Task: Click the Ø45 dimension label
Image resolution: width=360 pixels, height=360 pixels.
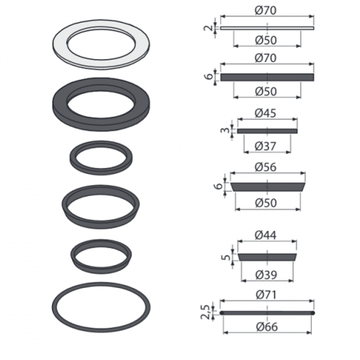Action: tap(266, 113)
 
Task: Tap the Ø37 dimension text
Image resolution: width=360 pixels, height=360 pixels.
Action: tap(266, 146)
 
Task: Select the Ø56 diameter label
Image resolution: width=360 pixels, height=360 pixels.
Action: tap(266, 167)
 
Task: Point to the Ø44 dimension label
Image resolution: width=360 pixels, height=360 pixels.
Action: tap(266, 235)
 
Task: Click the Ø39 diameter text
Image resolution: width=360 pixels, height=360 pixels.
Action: tap(266, 274)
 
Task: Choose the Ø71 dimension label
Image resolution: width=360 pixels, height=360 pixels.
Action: tap(266, 295)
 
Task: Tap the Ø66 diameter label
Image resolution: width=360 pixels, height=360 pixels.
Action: tap(267, 327)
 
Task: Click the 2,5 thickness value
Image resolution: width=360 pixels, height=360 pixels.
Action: tap(205, 312)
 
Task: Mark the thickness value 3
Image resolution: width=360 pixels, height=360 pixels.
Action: tap(225, 130)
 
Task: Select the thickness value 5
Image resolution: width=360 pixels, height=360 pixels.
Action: tap(226, 257)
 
